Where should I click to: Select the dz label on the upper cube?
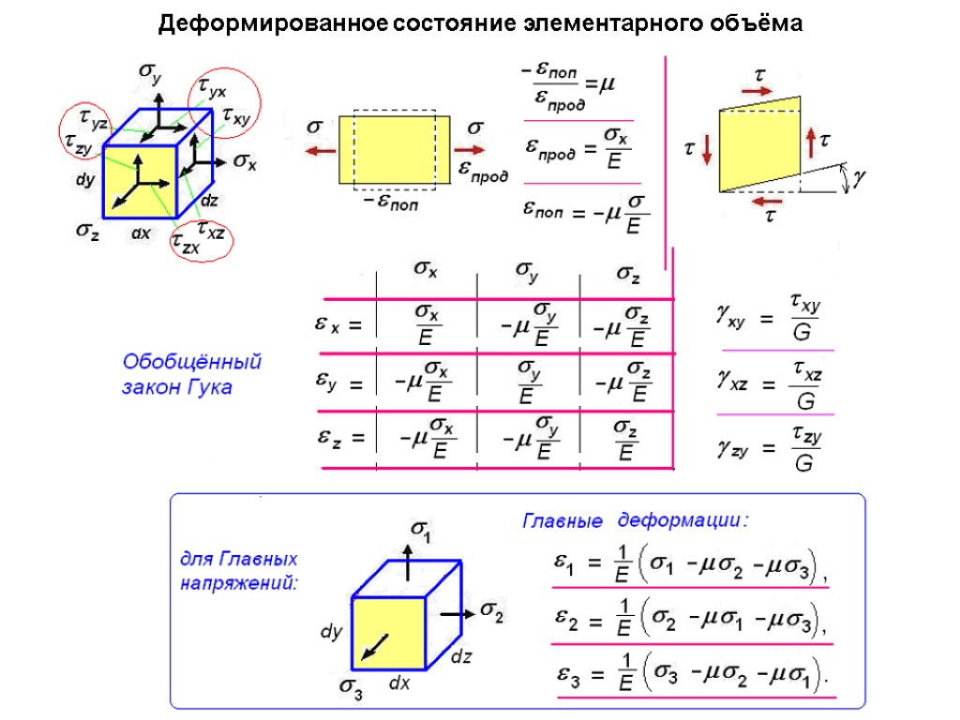[x=210, y=200]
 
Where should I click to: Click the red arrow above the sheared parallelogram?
[x=755, y=91]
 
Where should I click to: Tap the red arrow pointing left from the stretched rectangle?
[x=321, y=150]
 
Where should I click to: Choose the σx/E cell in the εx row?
[x=427, y=324]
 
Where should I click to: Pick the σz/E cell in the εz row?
[x=627, y=441]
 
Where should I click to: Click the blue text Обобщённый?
[x=192, y=362]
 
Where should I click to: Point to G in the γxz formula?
[x=804, y=402]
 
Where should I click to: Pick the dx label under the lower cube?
[x=400, y=683]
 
